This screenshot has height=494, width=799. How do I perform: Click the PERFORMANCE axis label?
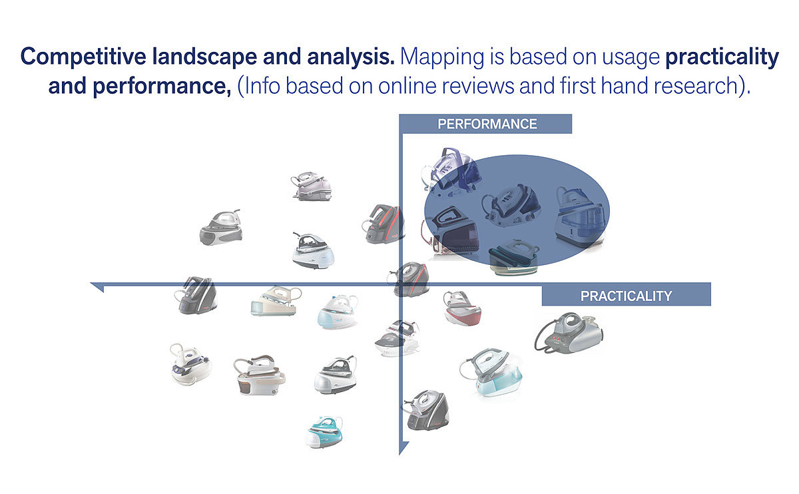pos(487,124)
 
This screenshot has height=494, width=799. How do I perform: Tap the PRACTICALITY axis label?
pos(626,296)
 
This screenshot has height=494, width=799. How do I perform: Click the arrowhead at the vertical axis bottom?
pos(402,449)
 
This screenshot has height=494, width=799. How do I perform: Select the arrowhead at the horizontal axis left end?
pos(97,286)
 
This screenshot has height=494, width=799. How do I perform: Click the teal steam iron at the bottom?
pos(324,431)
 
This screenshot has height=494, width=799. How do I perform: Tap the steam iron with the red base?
pos(463,308)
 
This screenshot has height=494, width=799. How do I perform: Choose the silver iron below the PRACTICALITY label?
pos(569,332)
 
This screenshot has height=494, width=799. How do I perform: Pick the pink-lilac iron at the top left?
pos(311,186)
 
